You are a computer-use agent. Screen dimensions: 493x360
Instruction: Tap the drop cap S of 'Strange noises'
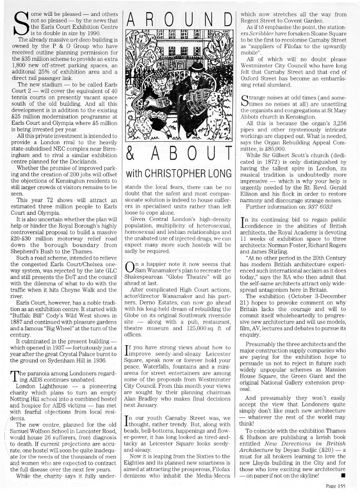coord(245,100)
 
